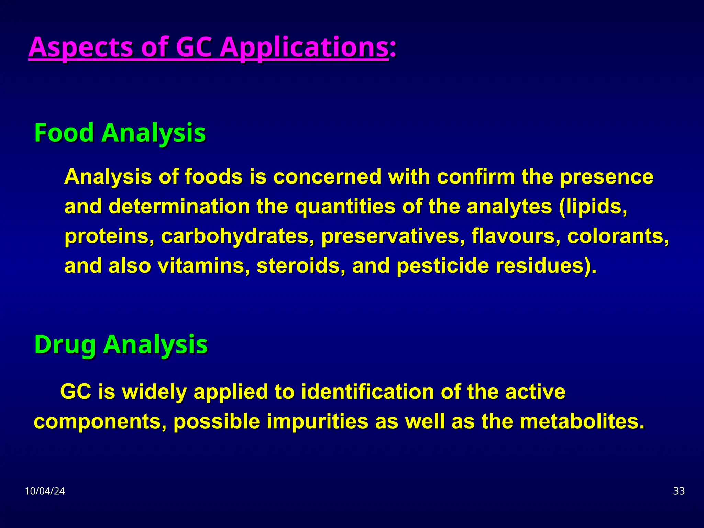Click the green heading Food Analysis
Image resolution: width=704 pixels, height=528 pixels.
(120, 133)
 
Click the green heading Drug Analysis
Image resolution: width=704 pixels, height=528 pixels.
(121, 344)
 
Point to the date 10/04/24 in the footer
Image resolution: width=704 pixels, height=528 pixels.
(45, 491)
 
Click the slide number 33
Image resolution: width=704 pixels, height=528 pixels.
(679, 491)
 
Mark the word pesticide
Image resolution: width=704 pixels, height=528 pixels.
(443, 266)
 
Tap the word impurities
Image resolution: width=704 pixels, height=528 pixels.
(317, 421)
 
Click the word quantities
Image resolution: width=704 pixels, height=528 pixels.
(345, 207)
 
